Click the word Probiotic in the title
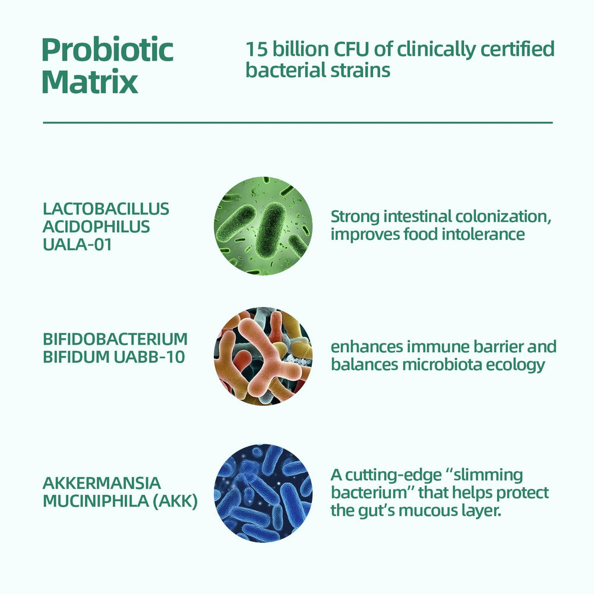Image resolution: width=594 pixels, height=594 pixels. coord(108,50)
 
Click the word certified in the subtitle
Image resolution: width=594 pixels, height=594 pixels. coord(517,49)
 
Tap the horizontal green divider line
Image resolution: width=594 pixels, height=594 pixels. coord(298,123)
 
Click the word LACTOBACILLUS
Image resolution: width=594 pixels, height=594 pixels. coord(106,208)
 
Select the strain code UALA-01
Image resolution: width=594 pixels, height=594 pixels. coord(77,244)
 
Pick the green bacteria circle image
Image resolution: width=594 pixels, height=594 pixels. coord(263,226)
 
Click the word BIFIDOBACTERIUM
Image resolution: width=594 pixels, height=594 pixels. coord(115,339)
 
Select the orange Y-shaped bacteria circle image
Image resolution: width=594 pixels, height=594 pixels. coord(263,356)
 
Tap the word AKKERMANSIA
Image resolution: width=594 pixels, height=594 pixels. coord(102,483)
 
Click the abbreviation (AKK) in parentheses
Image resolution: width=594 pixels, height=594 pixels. coord(175,501)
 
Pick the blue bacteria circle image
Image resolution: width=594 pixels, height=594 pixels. coord(263,493)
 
